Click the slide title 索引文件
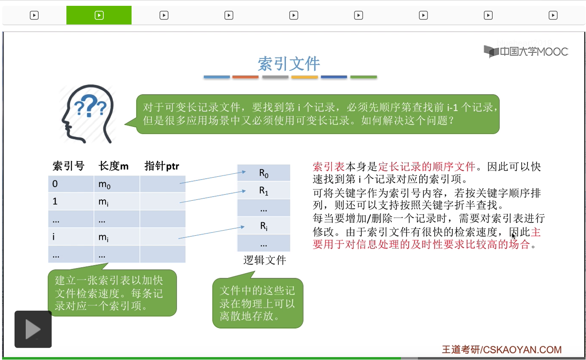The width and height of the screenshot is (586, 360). click(x=288, y=63)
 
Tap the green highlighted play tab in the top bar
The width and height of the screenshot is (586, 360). click(x=99, y=15)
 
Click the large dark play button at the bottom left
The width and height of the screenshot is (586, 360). click(x=33, y=329)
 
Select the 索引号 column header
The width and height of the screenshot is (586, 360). click(x=68, y=166)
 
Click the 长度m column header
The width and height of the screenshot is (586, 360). click(x=114, y=166)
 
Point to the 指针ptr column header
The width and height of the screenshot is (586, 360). click(x=162, y=166)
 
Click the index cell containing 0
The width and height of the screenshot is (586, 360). click(x=71, y=184)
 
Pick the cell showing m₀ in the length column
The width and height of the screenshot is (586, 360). click(x=117, y=184)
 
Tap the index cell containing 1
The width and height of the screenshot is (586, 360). click(x=71, y=201)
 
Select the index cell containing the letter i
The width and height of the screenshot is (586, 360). click(x=71, y=236)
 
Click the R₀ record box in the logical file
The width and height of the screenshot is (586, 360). click(x=264, y=173)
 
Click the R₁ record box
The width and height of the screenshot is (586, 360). click(x=264, y=190)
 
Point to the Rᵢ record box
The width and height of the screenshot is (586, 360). click(x=264, y=226)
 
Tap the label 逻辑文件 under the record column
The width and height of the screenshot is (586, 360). click(x=265, y=260)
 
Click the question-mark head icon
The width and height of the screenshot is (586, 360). click(x=88, y=114)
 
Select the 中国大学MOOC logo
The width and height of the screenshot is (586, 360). click(x=526, y=51)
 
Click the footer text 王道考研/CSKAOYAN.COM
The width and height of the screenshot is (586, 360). click(x=502, y=350)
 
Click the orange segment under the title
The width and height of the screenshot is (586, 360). click(x=245, y=77)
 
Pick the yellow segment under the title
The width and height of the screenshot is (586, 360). click(x=305, y=77)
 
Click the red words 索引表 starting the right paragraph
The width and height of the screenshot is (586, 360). click(x=329, y=167)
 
